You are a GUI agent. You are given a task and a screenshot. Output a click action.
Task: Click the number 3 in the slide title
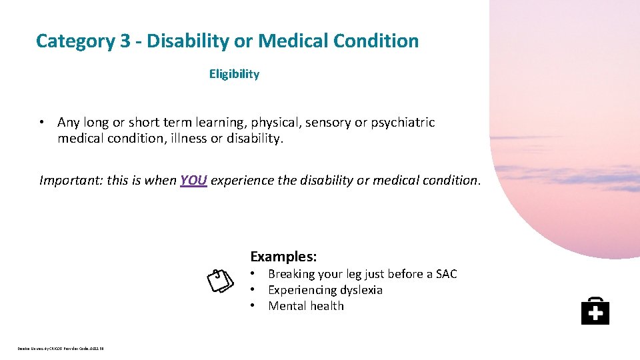[x=125, y=41]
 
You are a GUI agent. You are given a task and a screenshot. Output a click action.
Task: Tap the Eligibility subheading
[x=234, y=74]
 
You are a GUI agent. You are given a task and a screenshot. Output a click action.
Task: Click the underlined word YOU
[x=194, y=180]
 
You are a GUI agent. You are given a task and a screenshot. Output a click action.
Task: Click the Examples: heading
[x=283, y=257]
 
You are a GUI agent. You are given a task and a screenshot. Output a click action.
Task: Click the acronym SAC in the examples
[x=446, y=274]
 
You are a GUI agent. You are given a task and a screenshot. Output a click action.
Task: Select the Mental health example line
[x=306, y=306]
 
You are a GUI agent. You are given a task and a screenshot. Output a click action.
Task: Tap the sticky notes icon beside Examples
[x=219, y=281]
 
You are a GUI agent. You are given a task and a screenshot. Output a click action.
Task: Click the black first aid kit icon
[x=595, y=311]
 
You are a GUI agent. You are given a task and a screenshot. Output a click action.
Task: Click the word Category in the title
[x=76, y=41]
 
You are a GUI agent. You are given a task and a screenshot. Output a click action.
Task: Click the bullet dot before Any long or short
[x=42, y=123]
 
